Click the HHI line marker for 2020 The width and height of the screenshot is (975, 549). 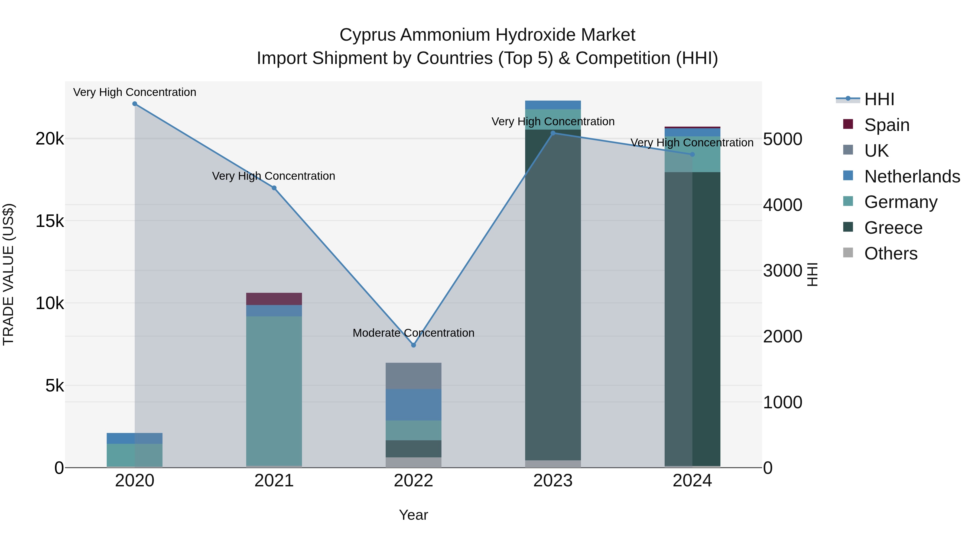(x=135, y=104)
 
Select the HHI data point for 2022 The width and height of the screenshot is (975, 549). (x=413, y=345)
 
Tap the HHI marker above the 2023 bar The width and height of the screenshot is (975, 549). (x=553, y=133)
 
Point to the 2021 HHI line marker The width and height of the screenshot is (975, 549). (x=274, y=188)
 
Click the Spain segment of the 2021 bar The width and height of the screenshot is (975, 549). (x=274, y=299)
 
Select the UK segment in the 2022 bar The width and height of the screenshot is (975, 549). (x=413, y=376)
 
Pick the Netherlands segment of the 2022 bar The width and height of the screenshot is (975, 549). (x=413, y=405)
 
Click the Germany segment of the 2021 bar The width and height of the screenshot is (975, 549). (x=274, y=390)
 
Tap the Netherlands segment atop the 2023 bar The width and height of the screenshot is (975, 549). (x=553, y=105)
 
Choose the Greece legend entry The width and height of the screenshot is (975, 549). (x=893, y=228)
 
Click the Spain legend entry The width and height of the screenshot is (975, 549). (x=886, y=125)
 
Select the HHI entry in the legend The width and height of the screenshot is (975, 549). (x=879, y=99)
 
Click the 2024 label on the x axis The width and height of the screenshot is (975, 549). (x=692, y=481)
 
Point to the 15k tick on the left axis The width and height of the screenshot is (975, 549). (x=50, y=221)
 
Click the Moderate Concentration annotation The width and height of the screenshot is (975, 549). (x=413, y=333)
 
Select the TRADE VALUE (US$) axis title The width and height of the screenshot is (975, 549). (x=8, y=274)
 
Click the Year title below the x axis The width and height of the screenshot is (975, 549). (x=413, y=515)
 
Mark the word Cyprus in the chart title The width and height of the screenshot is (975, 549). (x=368, y=35)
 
